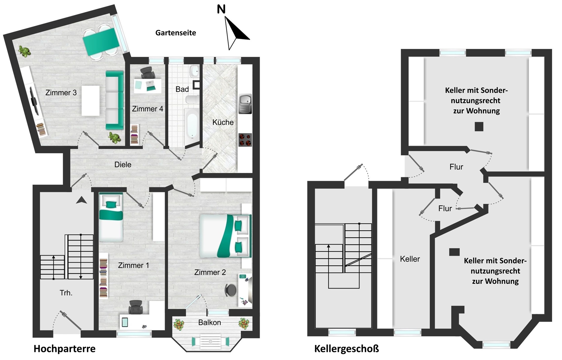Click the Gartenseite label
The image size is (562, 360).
coord(176,33)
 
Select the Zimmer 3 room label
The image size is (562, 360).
coord(61,92)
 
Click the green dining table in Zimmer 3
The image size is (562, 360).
coord(101,42)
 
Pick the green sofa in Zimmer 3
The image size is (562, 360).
coord(115,100)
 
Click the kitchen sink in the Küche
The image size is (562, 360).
coord(245,104)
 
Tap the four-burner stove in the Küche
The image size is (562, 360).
coord(245,140)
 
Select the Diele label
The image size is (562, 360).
coord(123,165)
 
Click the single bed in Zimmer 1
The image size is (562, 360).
coord(111,217)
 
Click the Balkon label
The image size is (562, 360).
coord(209,323)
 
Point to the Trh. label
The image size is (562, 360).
coord(66,293)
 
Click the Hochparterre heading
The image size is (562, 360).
coord(64,349)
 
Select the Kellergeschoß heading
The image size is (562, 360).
coord(347,349)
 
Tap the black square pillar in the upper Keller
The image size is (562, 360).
coord(479,127)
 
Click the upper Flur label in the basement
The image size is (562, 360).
coord(456,167)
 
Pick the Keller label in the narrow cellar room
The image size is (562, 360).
coord(410,259)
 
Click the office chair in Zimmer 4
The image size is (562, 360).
coord(148,73)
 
